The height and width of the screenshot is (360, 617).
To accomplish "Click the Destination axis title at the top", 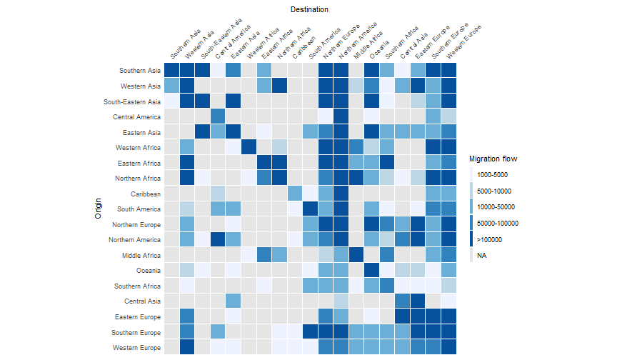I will tap(310, 10).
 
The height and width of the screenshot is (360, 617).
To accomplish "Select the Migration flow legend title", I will tap(493, 159).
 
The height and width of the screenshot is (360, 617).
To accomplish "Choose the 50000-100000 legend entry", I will tap(498, 224).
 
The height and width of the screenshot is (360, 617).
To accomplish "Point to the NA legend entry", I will tap(482, 255).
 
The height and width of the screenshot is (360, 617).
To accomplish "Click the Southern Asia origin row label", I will tap(140, 70).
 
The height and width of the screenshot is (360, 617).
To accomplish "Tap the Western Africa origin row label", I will tap(138, 147).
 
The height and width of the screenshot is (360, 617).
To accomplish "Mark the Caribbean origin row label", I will tap(146, 194).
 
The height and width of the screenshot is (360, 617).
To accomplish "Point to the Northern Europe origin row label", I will tap(136, 224).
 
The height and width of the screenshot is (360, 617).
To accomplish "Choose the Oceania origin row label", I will tap(148, 271).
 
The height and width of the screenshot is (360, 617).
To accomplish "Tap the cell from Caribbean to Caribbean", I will tap(295, 193).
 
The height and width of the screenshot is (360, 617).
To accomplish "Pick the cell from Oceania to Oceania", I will tap(371, 270).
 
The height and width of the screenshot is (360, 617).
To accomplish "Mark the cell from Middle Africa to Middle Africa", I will tap(356, 255).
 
